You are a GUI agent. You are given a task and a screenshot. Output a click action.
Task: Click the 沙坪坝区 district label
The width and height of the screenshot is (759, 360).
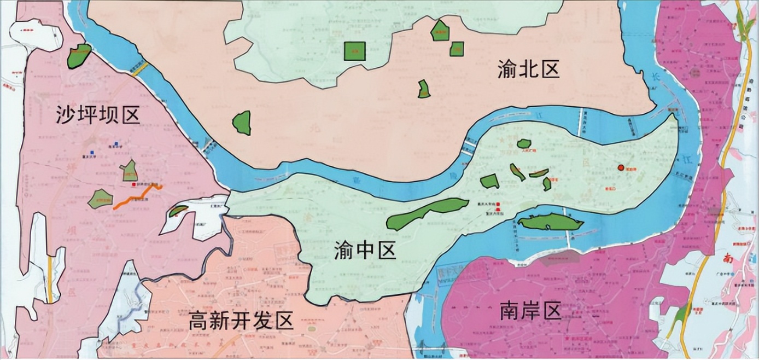tap(98, 115)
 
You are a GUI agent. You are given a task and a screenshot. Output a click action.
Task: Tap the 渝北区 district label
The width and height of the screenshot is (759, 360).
tap(529, 69)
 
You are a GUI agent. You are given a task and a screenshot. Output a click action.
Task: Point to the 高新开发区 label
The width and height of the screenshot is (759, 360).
tap(241, 320)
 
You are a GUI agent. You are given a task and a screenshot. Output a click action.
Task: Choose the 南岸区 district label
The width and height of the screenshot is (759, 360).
tap(530, 311)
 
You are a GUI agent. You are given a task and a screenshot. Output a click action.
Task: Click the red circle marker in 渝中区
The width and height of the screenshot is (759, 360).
tap(621, 167)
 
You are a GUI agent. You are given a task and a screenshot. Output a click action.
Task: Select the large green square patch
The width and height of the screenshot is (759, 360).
tap(354, 51)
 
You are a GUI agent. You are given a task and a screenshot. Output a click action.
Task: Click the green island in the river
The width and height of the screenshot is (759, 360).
tap(550, 222)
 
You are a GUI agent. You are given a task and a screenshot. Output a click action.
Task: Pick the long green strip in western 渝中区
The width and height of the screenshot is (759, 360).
tap(427, 213)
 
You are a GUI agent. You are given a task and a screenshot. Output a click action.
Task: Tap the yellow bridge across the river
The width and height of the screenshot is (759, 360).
tap(139, 68)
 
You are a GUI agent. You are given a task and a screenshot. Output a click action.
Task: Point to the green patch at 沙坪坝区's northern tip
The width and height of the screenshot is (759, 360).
tap(79, 56)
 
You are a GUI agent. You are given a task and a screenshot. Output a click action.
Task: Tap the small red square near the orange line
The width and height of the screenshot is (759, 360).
tap(135, 184)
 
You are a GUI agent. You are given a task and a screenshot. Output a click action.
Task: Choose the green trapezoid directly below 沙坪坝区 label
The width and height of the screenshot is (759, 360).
tap(130, 171)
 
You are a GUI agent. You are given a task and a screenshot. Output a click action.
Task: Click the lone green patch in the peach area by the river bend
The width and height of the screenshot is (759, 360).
tap(242, 123)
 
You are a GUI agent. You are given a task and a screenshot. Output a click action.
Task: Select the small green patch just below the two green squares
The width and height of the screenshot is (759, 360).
tap(424, 89)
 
